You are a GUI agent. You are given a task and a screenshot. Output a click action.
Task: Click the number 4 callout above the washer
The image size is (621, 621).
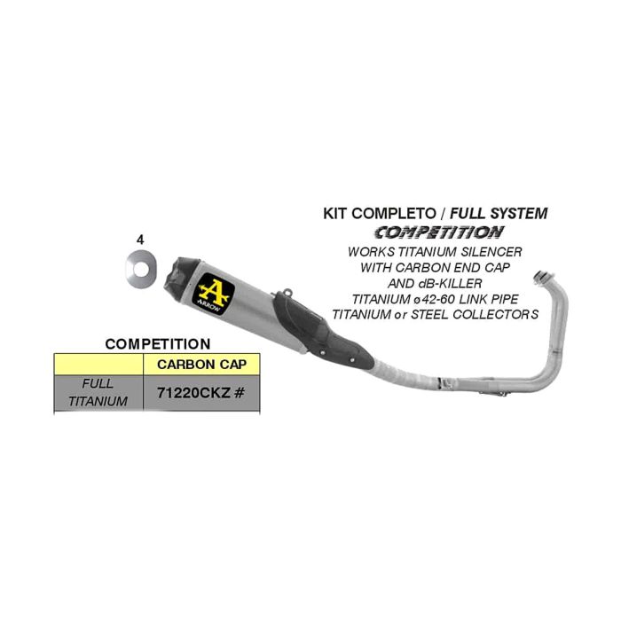pyautogui.click(x=140, y=240)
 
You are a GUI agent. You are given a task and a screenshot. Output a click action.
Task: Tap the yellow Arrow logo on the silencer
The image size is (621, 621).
pyautogui.click(x=214, y=294)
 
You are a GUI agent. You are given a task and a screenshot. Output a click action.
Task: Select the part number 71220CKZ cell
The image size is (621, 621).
pyautogui.click(x=201, y=392)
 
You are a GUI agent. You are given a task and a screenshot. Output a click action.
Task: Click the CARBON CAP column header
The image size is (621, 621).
pyautogui.click(x=201, y=365)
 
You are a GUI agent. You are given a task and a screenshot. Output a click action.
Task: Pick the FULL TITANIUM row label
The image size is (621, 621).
pyautogui.click(x=98, y=392)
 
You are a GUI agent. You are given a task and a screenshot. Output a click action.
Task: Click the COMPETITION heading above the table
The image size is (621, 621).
pyautogui.click(x=158, y=344)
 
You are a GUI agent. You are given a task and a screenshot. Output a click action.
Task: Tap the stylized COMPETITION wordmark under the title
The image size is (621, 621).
pyautogui.click(x=439, y=232)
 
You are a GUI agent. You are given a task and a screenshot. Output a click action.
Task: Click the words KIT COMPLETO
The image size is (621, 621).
pyautogui.click(x=379, y=214)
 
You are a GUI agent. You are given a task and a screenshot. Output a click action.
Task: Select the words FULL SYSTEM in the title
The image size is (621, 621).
pyautogui.click(x=499, y=214)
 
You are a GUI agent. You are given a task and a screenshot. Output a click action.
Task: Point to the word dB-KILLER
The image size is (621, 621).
pyautogui.click(x=448, y=283)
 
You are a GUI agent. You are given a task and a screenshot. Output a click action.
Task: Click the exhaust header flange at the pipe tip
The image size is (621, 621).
pyautogui.click(x=542, y=277)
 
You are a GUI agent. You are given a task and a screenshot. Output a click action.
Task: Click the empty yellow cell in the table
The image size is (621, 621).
pyautogui.click(x=98, y=365)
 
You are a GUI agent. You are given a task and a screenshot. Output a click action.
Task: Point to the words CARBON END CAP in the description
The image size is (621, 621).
pyautogui.click(x=452, y=267)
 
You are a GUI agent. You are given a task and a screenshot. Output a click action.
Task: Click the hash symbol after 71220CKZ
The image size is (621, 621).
pyautogui.click(x=239, y=393)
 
